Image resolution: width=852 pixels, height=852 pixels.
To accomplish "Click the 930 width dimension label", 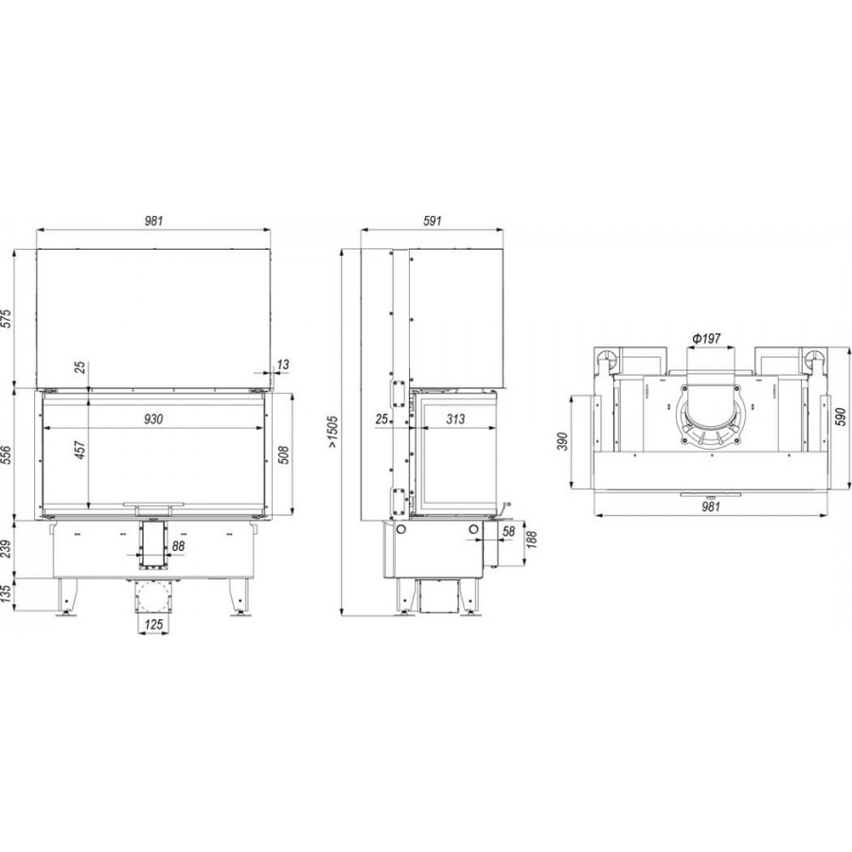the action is pyautogui.click(x=153, y=419).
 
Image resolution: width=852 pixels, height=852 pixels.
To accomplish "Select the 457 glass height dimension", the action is pyautogui.click(x=80, y=450).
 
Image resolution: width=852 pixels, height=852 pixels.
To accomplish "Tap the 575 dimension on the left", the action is pyautogui.click(x=6, y=318).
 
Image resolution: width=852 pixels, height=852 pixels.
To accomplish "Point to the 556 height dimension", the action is pyautogui.click(x=6, y=454).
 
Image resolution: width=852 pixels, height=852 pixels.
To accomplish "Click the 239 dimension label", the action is pyautogui.click(x=6, y=548).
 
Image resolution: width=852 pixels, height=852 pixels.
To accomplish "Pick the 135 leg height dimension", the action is pyautogui.click(x=6, y=594).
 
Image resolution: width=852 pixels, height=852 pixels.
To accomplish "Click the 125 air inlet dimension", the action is pyautogui.click(x=153, y=625).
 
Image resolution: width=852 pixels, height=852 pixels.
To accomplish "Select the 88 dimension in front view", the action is pyautogui.click(x=178, y=546).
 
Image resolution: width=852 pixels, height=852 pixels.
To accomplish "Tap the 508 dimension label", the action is pyautogui.click(x=283, y=454).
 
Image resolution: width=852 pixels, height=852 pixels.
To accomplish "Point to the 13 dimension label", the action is pyautogui.click(x=283, y=364).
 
